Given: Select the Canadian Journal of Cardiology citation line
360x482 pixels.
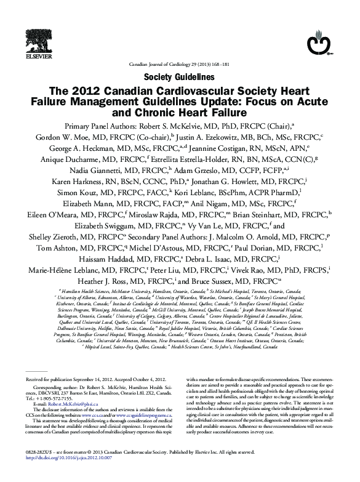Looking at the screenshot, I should [x=179, y=64].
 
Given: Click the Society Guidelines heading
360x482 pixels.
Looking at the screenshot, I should [x=179, y=77].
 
